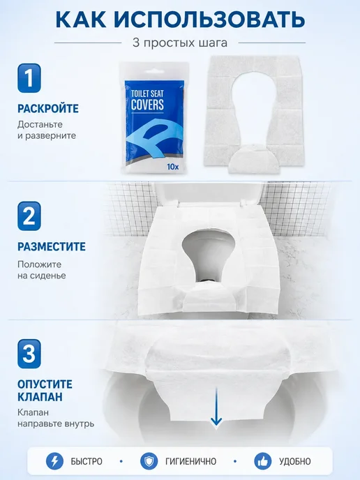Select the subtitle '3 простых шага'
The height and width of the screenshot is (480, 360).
(180, 43)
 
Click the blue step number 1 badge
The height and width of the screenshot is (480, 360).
(29, 77)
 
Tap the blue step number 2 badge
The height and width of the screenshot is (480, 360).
(29, 216)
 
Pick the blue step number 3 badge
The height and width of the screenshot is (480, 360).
(29, 354)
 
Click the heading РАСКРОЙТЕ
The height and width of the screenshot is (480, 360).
(48, 108)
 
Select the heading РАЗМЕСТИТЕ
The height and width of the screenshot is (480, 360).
(52, 246)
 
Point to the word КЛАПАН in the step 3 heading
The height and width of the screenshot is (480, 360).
(40, 397)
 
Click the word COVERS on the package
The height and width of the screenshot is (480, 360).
(147, 104)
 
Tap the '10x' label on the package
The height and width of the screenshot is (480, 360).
(173, 167)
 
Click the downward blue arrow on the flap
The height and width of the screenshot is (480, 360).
(216, 406)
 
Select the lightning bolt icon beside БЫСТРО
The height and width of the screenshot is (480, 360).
(55, 461)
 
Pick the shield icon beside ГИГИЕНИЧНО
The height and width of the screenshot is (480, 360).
(149, 461)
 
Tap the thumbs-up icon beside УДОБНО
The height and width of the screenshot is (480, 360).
(263, 461)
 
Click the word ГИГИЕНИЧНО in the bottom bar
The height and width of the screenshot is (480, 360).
(190, 461)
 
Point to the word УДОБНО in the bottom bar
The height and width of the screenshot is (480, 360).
(295, 461)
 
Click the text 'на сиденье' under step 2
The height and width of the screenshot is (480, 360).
(42, 276)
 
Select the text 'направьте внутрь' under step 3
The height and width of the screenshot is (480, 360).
(56, 424)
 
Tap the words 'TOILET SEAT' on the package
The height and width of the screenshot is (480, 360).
(147, 93)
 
